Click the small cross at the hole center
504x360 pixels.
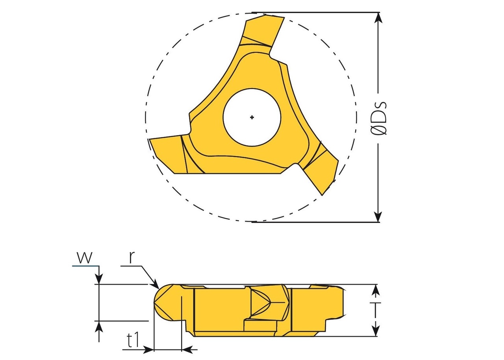[x=252, y=117]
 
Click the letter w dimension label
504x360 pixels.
[x=85, y=258]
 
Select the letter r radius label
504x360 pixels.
[x=133, y=257]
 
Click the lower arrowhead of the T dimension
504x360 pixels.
[x=376, y=330]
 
